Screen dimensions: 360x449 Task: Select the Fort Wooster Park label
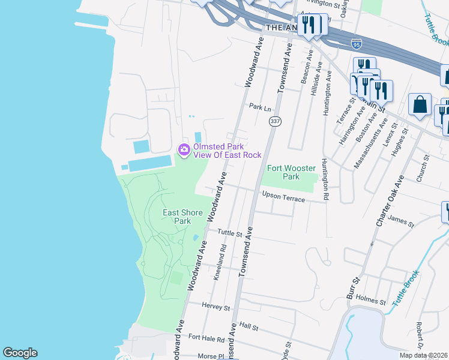pyautogui.click(x=283, y=172)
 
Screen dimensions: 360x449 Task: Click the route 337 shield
pyautogui.click(x=275, y=122)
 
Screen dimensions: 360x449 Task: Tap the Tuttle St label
pyautogui.click(x=229, y=232)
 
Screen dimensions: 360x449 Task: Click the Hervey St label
pyautogui.click(x=216, y=307)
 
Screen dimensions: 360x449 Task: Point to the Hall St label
pyautogui.click(x=248, y=328)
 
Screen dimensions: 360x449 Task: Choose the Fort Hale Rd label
pyautogui.click(x=206, y=339)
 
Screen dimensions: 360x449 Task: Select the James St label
pyautogui.click(x=401, y=221)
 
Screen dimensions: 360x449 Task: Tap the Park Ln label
pyautogui.click(x=260, y=106)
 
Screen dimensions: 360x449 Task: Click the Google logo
pyautogui.click(x=20, y=353)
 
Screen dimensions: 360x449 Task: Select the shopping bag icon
pyautogui.click(x=420, y=104)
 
